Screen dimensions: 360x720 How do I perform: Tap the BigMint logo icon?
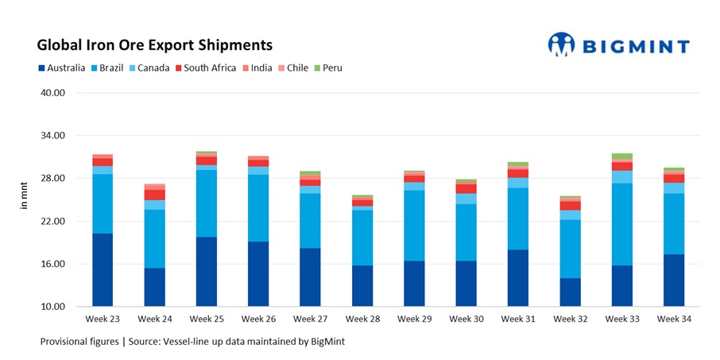tap(561, 45)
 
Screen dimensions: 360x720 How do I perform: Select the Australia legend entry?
tap(61, 68)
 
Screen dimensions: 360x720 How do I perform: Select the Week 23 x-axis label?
tap(102, 319)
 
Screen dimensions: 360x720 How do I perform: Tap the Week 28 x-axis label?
tap(362, 319)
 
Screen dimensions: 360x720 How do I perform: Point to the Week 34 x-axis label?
tap(673, 319)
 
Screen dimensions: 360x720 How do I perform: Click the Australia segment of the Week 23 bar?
tap(103, 270)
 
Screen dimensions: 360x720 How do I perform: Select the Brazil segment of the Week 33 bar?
tap(621, 225)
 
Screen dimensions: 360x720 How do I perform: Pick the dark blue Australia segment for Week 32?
tap(570, 292)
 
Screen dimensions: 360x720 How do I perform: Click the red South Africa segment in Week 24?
tap(154, 195)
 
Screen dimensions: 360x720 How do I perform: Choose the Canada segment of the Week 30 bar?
tap(466, 199)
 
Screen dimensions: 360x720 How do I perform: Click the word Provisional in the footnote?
tap(66, 341)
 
